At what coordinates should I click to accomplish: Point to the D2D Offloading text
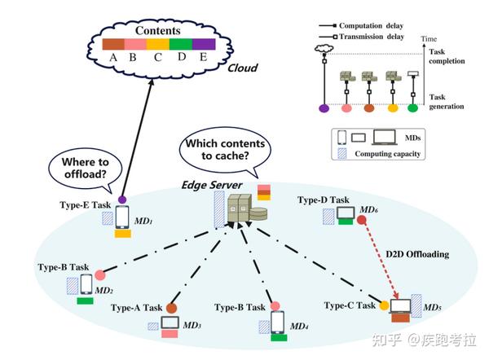click(416, 255)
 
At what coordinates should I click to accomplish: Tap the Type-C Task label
click(350, 305)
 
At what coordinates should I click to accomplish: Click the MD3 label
click(192, 326)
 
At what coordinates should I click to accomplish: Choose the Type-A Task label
click(136, 308)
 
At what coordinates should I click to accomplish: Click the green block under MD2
click(84, 301)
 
